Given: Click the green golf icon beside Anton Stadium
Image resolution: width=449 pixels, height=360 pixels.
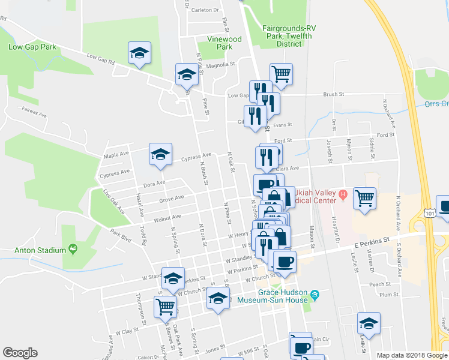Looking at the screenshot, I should tap(73, 247).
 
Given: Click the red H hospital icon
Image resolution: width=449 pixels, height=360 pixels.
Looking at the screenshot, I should tap(343, 194).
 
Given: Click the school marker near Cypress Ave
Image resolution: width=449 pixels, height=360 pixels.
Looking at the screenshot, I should tap(160, 155).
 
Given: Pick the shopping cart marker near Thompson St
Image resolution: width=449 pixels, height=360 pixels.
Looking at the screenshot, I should tap(164, 306).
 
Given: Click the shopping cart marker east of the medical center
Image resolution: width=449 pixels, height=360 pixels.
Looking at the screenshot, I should tap(365, 197).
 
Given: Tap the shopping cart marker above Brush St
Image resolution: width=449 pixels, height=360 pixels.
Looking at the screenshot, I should tap(281, 74).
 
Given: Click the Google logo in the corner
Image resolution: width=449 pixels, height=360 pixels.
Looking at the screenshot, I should tap(20, 353).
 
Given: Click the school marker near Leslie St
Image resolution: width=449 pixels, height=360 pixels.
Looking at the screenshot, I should tap(369, 323).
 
